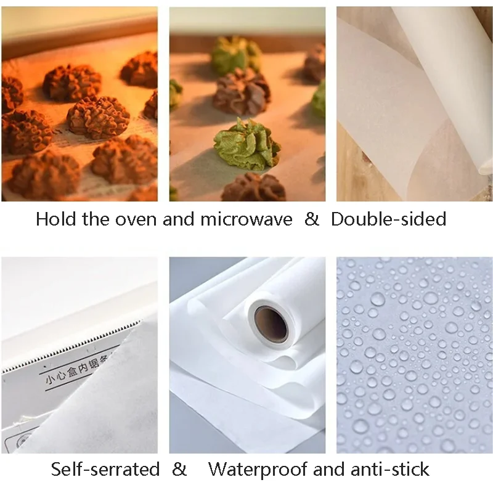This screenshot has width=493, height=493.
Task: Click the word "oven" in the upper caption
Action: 136,219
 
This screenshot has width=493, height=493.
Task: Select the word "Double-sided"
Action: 389,219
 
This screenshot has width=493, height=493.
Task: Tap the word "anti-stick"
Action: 390,470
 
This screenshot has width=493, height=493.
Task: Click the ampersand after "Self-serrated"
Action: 179,470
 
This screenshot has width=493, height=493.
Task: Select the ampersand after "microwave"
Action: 312,219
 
